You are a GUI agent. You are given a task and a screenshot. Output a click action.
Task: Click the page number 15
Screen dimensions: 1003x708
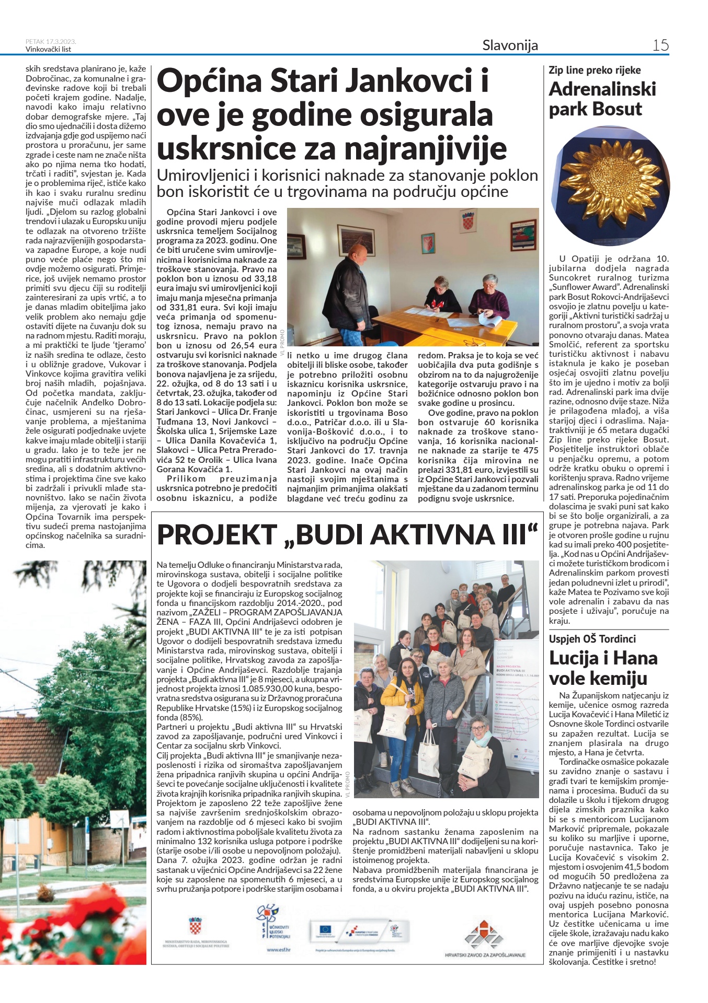pyautogui.click(x=660, y=45)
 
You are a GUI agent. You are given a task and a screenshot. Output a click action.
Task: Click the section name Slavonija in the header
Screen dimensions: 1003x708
pyautogui.click(x=510, y=45)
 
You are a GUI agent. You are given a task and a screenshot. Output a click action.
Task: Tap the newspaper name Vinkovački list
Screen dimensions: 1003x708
pyautogui.click(x=48, y=50)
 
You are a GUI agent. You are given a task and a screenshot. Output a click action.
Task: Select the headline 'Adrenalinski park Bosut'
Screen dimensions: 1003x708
pyautogui.click(x=602, y=99)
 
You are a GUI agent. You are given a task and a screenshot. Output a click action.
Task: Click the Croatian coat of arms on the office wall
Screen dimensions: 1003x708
pyautogui.click(x=467, y=222)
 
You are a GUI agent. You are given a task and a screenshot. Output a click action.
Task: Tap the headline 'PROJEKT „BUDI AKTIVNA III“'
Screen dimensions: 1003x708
pyautogui.click(x=347, y=535)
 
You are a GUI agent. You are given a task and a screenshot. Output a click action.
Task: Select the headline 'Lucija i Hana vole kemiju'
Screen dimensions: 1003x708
pyautogui.click(x=603, y=668)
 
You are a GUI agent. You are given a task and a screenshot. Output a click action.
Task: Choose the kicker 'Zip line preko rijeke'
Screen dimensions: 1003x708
pyautogui.click(x=595, y=71)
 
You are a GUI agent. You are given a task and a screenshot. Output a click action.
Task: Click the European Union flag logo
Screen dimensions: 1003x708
pyautogui.click(x=325, y=929)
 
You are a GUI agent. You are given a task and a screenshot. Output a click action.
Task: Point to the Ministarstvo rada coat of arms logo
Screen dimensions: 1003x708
pyautogui.click(x=196, y=926)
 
